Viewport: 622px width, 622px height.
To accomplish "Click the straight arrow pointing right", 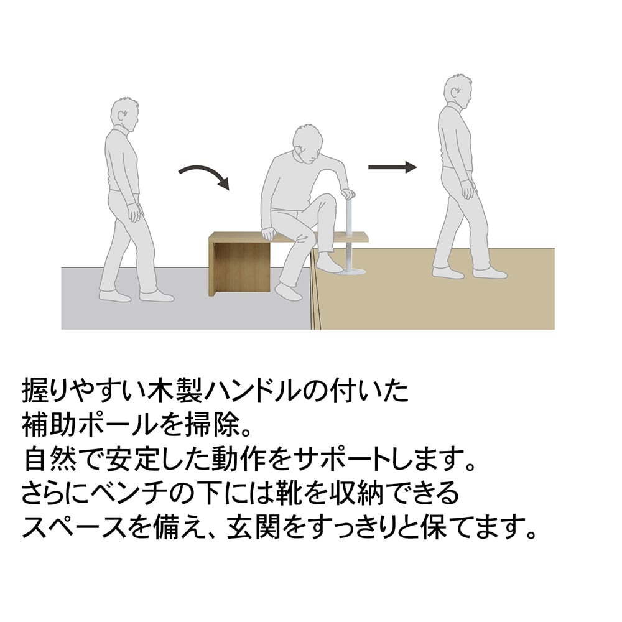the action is coord(392,167).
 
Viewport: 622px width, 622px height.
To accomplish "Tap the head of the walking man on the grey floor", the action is coord(124,114).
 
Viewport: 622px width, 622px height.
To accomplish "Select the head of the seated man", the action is coord(306,144).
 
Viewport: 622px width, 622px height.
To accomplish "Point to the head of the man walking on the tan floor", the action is coord(457,91).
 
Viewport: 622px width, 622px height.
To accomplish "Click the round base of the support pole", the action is coord(348,271).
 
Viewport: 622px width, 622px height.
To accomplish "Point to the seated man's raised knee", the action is coord(327,200).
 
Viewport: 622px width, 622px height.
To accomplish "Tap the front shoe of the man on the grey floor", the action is coord(157,295).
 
